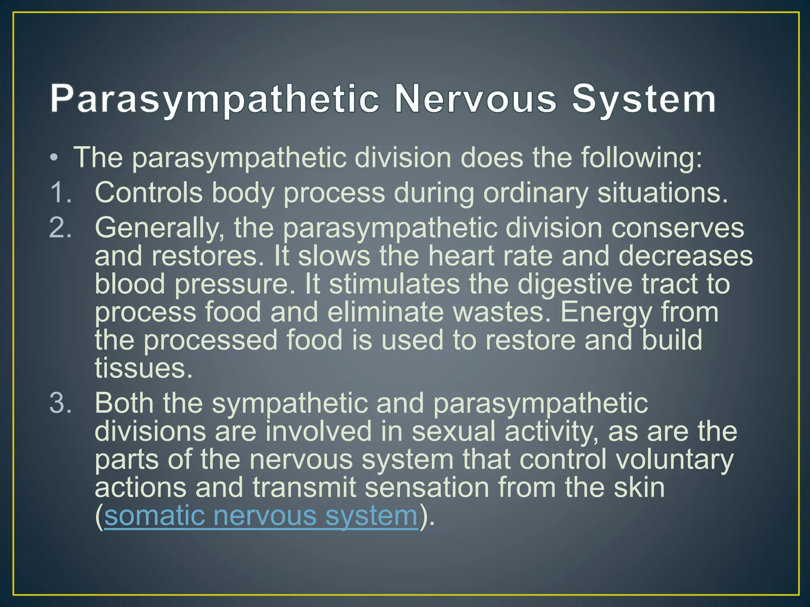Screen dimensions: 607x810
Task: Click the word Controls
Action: pyautogui.click(x=148, y=193)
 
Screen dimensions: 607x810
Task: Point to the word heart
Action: pyautogui.click(x=459, y=256)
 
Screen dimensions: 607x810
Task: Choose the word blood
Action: pyautogui.click(x=130, y=284)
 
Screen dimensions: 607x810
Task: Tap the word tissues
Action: pyautogui.click(x=143, y=368)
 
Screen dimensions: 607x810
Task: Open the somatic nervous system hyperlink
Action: pyautogui.click(x=261, y=516)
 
